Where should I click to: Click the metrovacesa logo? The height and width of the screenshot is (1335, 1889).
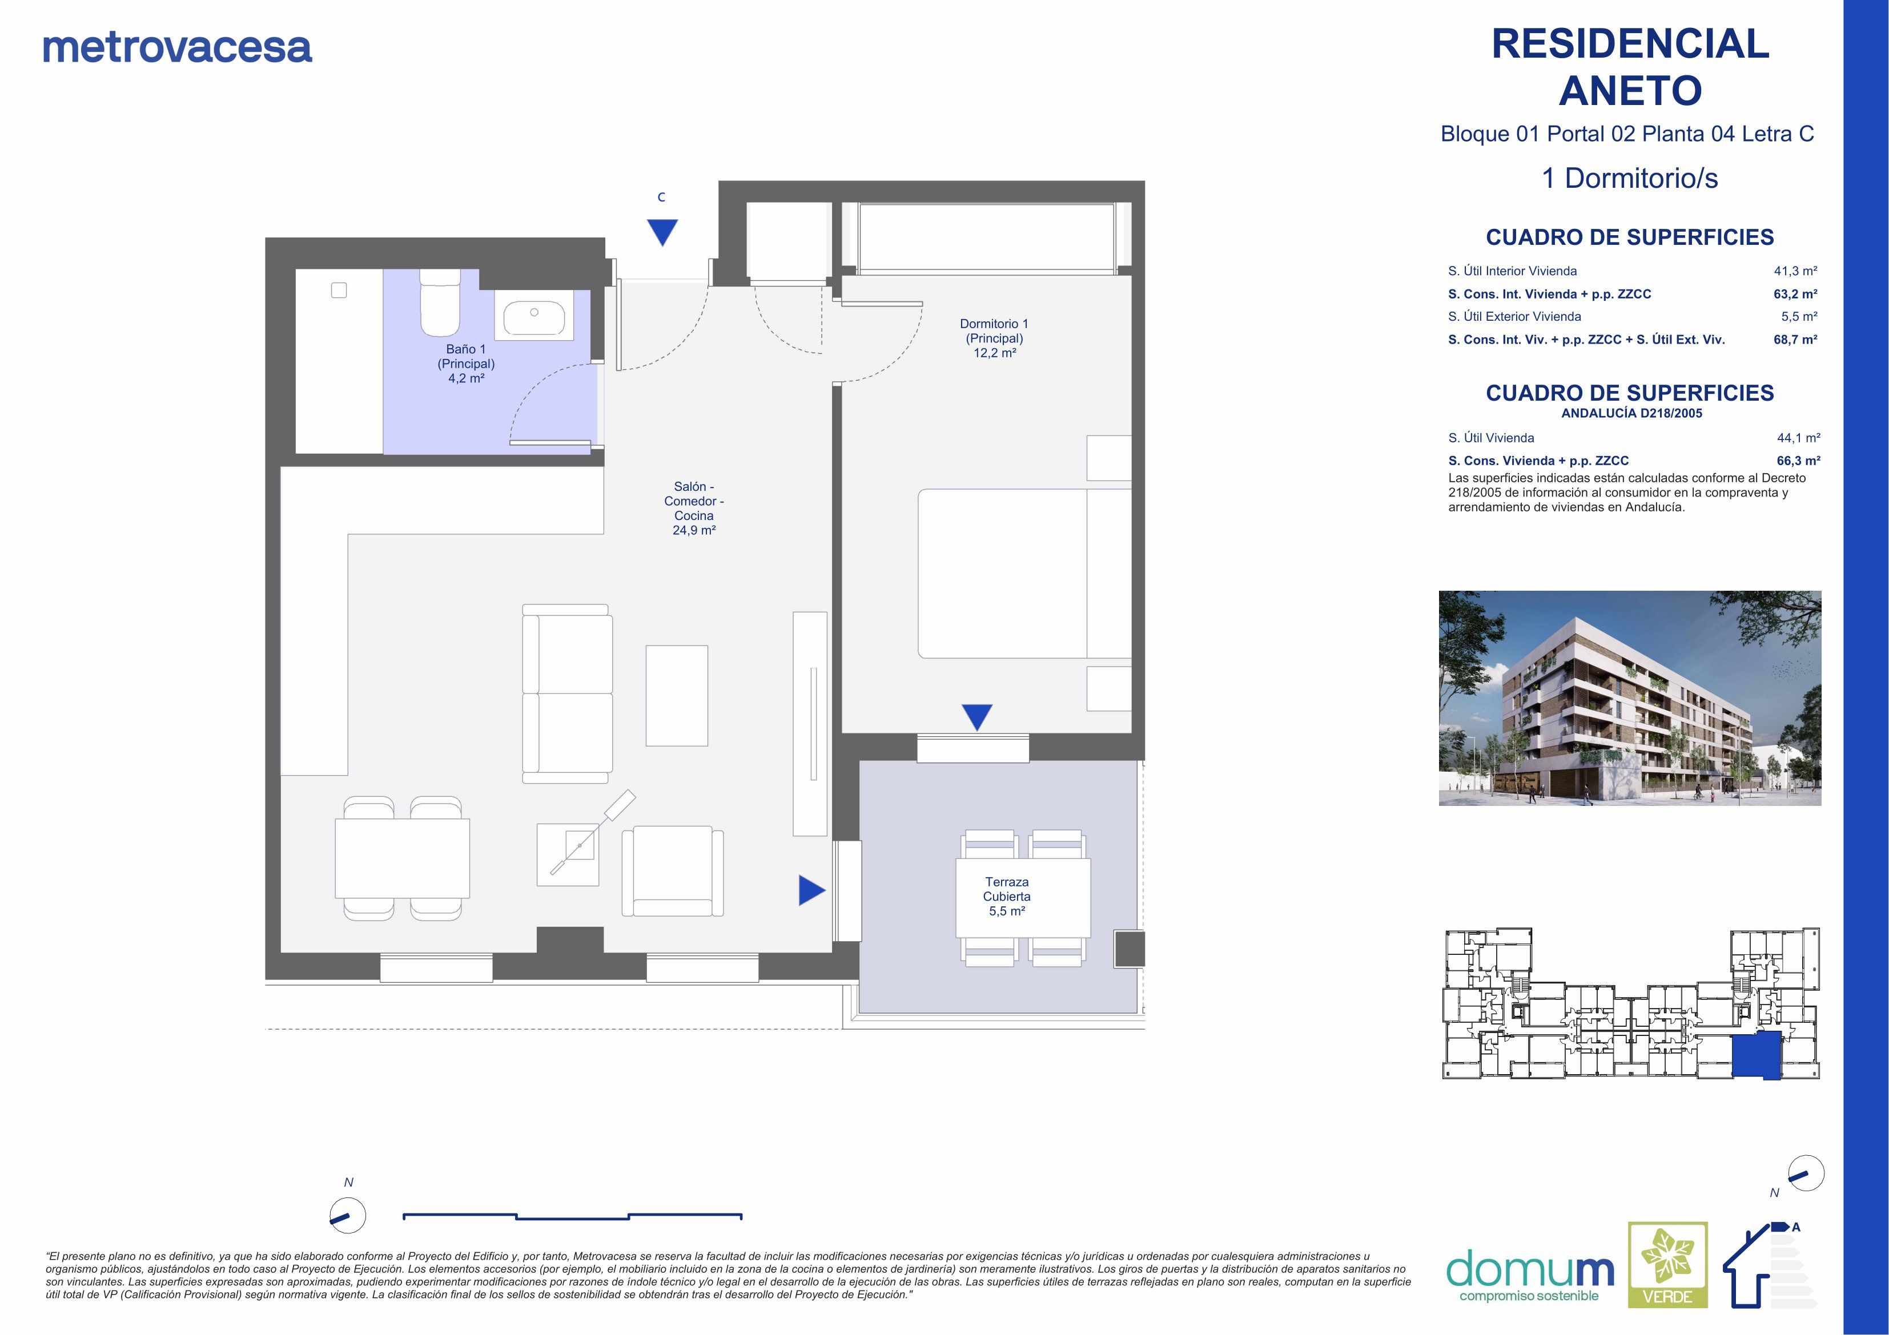pyautogui.click(x=177, y=48)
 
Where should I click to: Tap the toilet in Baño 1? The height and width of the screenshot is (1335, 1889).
pyautogui.click(x=440, y=304)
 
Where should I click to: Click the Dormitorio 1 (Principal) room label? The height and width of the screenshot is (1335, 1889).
pyautogui.click(x=994, y=338)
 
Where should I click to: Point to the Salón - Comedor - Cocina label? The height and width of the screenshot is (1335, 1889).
pyautogui.click(x=694, y=507)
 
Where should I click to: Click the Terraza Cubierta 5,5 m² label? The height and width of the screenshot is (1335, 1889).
pyautogui.click(x=1006, y=896)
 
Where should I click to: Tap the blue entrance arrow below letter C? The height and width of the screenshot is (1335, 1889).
pyautogui.click(x=661, y=231)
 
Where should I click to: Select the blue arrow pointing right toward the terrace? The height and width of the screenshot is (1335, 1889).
pyautogui.click(x=811, y=890)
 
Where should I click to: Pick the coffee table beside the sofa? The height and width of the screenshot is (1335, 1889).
pyautogui.click(x=676, y=695)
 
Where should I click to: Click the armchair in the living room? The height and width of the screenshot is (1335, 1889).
pyautogui.click(x=672, y=873)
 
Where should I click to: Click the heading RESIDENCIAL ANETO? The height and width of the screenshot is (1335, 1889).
pyautogui.click(x=1630, y=67)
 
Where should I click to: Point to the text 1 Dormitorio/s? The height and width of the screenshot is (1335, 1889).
pyautogui.click(x=1630, y=179)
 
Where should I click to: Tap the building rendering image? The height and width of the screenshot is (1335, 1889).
pyautogui.click(x=1629, y=697)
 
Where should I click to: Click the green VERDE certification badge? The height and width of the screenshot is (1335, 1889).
pyautogui.click(x=1667, y=1276)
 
